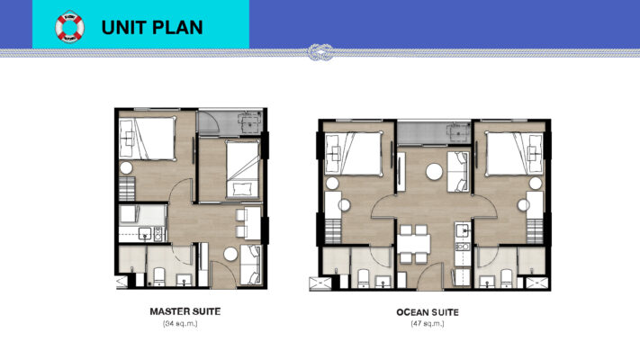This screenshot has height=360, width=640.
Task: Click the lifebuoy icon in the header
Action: click(x=69, y=27)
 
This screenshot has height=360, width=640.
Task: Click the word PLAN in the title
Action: click(x=176, y=27)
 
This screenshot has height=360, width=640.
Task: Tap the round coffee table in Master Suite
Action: click(x=229, y=256)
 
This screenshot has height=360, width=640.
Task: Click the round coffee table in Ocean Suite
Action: click(x=433, y=169)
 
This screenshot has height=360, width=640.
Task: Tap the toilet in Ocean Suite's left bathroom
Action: click(x=365, y=276)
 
